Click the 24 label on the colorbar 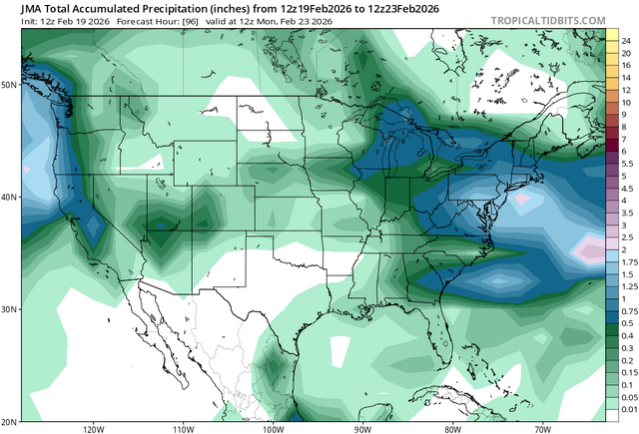tap(625, 41)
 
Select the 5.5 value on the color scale tap(626, 163)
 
